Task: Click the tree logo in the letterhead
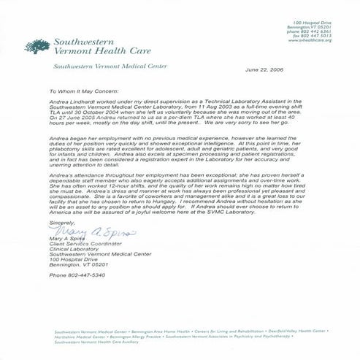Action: pyautogui.click(x=35, y=46)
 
